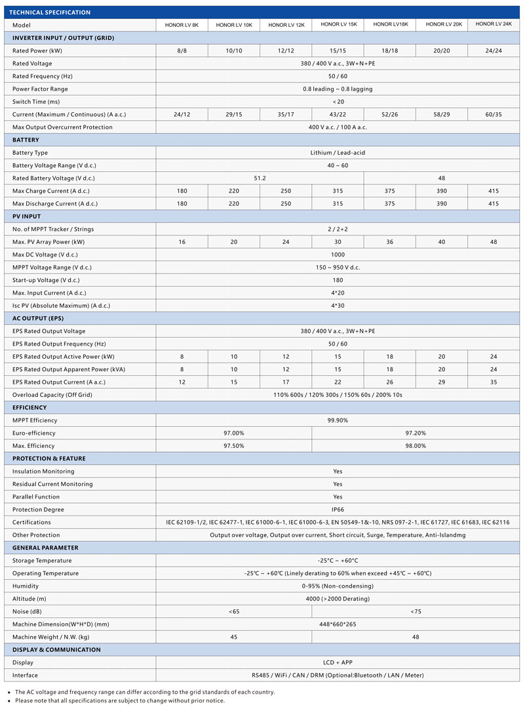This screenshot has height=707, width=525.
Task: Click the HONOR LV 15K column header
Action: pyautogui.click(x=338, y=24)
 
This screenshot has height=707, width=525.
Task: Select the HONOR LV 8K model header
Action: pyautogui.click(x=182, y=25)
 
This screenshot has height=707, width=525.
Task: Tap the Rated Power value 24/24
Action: pyautogui.click(x=494, y=51)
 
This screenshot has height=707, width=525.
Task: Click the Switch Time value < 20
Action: pyautogui.click(x=338, y=102)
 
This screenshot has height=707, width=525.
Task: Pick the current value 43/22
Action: pyautogui.click(x=338, y=114)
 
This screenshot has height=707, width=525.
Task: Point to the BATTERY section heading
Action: pyautogui.click(x=26, y=140)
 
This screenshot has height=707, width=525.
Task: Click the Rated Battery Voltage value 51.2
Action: pyautogui.click(x=260, y=178)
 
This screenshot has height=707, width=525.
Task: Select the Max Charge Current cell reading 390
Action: pyautogui.click(x=441, y=191)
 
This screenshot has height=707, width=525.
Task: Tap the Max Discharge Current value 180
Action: pyautogui.click(x=182, y=203)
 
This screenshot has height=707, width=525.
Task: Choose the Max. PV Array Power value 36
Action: pyautogui.click(x=389, y=242)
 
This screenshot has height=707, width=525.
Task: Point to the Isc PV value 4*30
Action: pyautogui.click(x=338, y=306)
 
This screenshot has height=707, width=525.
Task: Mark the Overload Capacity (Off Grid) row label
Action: pyautogui.click(x=60, y=395)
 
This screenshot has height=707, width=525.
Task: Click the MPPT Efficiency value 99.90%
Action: pyautogui.click(x=338, y=420)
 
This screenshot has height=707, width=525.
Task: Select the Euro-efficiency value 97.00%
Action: pyautogui.click(x=233, y=433)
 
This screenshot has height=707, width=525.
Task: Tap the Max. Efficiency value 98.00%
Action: pyautogui.click(x=416, y=446)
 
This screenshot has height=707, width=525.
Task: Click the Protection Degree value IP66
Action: pyautogui.click(x=338, y=510)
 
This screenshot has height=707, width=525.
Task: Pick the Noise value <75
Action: pyautogui.click(x=416, y=611)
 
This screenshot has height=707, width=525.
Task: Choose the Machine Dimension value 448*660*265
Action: pyautogui.click(x=338, y=624)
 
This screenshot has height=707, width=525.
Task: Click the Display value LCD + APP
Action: pyautogui.click(x=338, y=662)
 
